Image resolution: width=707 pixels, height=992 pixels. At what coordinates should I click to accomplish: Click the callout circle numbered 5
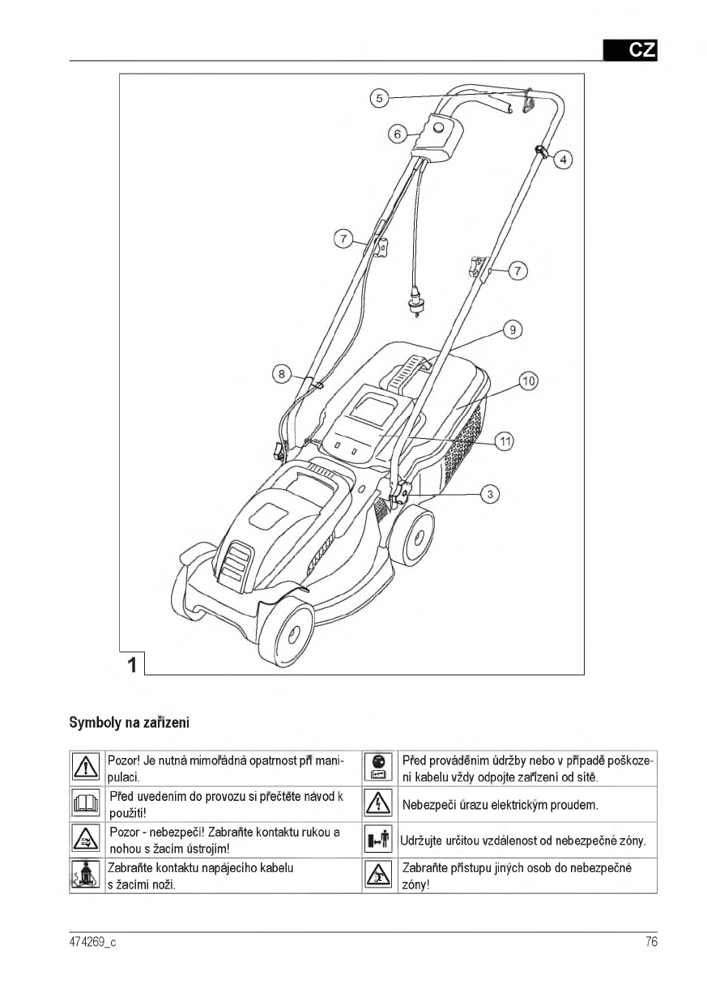379,98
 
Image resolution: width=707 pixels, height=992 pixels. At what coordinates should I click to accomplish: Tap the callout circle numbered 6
398,134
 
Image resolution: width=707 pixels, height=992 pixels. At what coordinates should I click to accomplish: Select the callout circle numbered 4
563,160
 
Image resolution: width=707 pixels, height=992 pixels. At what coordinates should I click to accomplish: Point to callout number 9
513,330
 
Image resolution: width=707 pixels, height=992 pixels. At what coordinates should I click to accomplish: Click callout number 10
529,381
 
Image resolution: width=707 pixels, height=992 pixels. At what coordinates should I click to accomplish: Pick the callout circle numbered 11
505,441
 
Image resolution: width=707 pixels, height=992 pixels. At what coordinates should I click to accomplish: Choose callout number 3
490,494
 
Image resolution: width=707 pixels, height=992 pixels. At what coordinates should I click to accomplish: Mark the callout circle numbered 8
282,374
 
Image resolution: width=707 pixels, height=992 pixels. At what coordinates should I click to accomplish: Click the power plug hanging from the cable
415,303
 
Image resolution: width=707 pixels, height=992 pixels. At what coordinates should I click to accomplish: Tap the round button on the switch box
440,128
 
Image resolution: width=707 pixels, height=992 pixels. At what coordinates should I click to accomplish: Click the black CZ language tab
630,50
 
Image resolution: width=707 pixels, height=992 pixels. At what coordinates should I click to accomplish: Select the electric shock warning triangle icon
378,804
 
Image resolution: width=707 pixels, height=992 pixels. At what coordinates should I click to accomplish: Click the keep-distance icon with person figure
378,839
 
